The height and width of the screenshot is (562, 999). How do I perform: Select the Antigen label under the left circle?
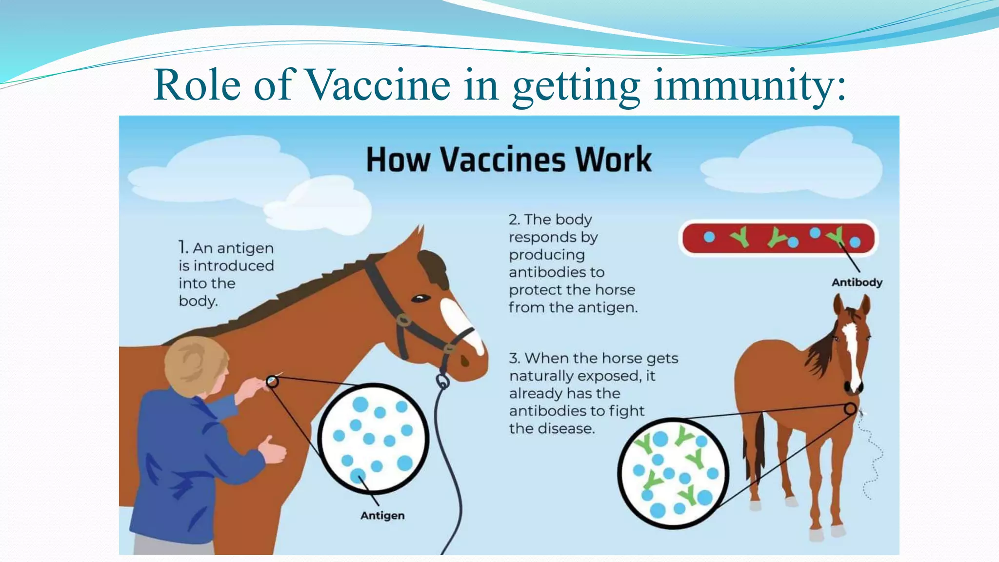(382, 516)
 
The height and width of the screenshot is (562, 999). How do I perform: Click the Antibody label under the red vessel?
(857, 282)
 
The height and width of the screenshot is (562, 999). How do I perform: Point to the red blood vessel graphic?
(779, 238)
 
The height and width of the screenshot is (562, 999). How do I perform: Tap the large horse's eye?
(420, 298)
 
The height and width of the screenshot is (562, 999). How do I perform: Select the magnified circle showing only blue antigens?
(374, 438)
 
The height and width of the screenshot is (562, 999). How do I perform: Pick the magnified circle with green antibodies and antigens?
(673, 473)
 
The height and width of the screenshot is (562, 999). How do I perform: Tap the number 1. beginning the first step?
(183, 248)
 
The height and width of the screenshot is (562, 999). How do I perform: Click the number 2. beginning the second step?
(514, 220)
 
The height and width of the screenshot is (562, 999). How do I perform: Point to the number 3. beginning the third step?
(514, 359)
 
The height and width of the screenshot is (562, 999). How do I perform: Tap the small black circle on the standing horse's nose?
(850, 409)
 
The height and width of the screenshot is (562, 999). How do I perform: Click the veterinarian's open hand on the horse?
(273, 449)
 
